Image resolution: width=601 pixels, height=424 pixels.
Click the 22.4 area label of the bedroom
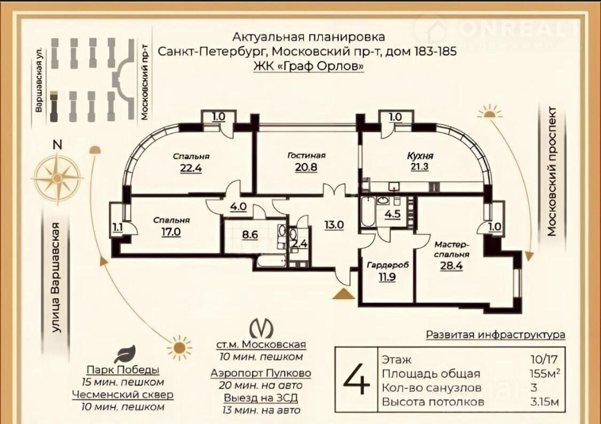point(191,168)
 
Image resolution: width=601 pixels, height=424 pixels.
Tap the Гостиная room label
point(306,156)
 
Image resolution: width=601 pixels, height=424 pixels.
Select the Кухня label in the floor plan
point(420,156)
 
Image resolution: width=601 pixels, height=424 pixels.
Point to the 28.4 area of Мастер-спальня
point(451,266)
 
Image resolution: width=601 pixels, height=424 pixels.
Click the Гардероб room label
point(388,265)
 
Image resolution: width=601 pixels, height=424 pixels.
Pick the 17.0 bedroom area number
point(171,232)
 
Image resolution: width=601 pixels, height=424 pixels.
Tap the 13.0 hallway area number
point(334,225)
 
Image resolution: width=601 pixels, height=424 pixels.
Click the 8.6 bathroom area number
point(250,234)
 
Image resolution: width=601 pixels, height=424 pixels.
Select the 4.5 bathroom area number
point(393,214)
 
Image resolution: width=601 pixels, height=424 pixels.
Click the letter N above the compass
point(58,144)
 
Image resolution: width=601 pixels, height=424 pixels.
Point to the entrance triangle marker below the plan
point(342,294)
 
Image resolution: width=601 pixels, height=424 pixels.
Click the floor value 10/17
point(544,359)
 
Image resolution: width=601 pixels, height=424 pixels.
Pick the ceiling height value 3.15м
point(544,402)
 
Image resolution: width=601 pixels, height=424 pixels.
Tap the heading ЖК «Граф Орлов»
point(309,66)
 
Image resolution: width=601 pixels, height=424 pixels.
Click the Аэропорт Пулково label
point(261,373)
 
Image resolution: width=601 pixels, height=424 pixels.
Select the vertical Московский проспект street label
point(551,172)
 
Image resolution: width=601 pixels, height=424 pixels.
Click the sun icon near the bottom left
point(179,348)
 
